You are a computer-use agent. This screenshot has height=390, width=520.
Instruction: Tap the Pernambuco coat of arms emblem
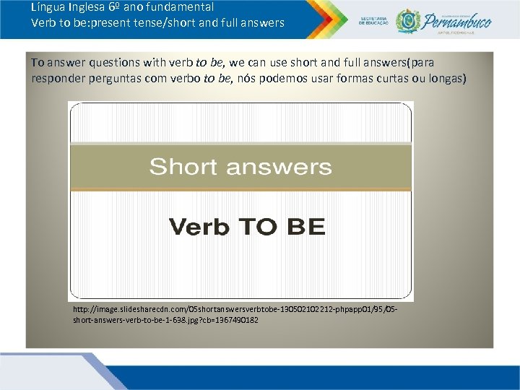click(408, 20)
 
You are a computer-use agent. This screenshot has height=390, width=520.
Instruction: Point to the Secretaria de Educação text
click(373, 20)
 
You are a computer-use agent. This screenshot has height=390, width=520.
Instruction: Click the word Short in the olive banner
click(183, 167)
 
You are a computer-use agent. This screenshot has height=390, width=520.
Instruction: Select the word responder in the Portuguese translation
click(57, 78)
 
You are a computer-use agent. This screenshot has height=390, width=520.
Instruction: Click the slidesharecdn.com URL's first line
click(234, 308)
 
